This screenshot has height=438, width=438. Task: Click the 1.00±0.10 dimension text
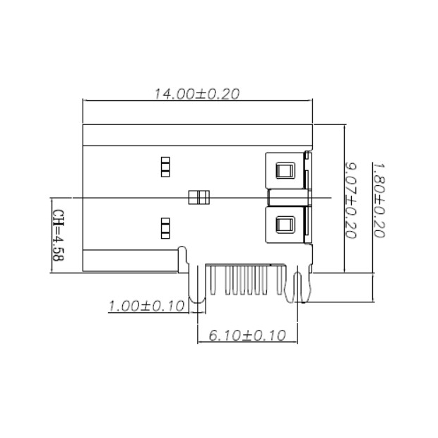pyautogui.click(x=146, y=306)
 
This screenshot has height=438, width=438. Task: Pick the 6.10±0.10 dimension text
pyautogui.click(x=247, y=335)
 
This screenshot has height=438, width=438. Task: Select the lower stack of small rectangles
pyautogui.click(x=165, y=227)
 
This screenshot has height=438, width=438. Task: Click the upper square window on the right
pyautogui.click(x=285, y=170)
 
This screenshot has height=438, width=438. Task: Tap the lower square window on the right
pyautogui.click(x=285, y=225)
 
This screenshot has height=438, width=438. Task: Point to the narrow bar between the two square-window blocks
pyautogui.click(x=288, y=197)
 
